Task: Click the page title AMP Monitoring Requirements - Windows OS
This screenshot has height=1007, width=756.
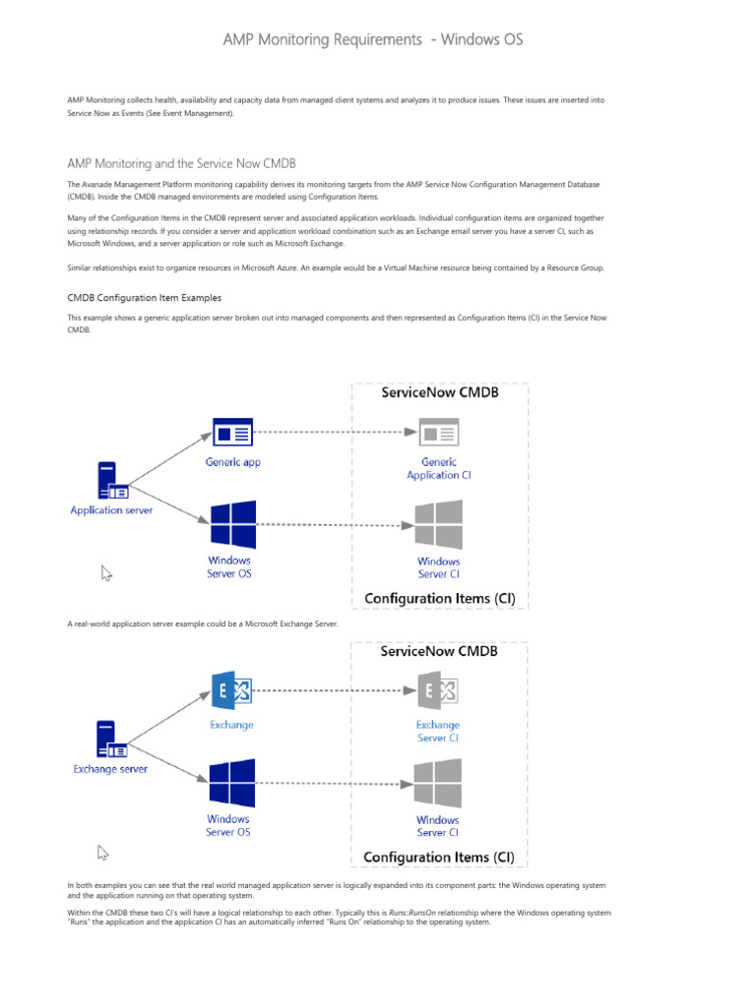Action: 373,39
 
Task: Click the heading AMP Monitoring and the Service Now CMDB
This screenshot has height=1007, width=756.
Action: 181,163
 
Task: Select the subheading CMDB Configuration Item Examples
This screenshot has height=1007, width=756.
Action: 144,297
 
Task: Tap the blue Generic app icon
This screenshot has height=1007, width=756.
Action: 232,433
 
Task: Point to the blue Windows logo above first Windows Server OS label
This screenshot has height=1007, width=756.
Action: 232,524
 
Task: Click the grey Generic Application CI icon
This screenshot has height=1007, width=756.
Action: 438,433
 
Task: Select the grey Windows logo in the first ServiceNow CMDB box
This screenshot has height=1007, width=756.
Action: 438,524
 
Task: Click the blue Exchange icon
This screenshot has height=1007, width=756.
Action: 232,692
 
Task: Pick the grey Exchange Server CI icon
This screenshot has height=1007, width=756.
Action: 438,692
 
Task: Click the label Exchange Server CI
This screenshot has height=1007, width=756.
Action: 438,731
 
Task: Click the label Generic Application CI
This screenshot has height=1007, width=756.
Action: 438,468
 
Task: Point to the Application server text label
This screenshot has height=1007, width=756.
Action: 111,510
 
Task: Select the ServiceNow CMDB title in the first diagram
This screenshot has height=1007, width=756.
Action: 439,392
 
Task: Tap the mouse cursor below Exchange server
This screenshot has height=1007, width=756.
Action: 103,826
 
